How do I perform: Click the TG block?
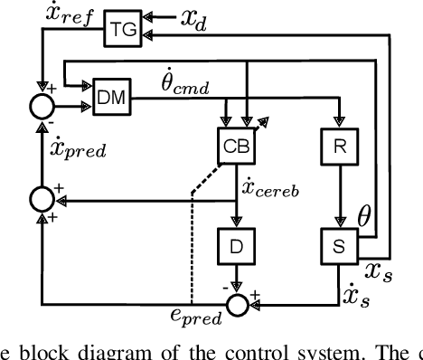[x=120, y=28]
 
